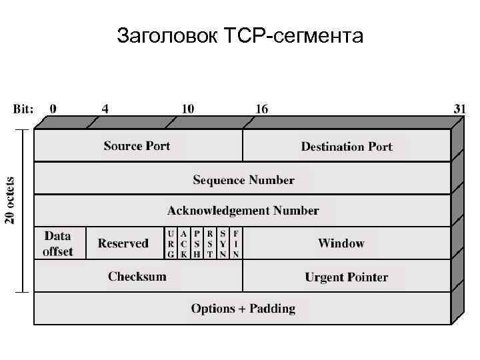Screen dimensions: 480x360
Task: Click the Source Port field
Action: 137,146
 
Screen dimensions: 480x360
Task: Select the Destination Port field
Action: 347,147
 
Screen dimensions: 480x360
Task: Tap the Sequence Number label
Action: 243,180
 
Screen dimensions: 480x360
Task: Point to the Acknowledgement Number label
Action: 243,211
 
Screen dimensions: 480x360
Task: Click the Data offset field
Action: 58,243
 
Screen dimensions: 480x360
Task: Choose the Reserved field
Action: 123,243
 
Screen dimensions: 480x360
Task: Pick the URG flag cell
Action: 171,243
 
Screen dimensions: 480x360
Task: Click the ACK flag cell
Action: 183,243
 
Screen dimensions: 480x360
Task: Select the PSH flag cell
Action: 197,243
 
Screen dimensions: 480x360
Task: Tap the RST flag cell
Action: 210,243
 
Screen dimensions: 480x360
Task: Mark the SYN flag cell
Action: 223,243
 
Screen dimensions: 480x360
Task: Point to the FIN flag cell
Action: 236,243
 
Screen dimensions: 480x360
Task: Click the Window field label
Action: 341,243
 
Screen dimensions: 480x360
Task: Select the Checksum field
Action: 137,276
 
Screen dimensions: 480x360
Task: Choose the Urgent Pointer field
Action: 347,277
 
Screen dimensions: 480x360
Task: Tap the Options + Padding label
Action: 243,309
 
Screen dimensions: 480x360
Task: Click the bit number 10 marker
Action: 188,109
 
